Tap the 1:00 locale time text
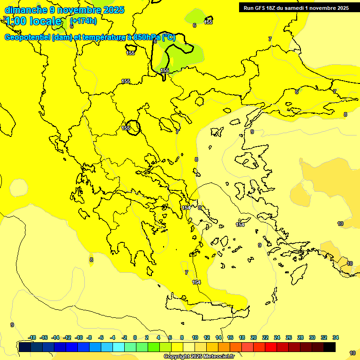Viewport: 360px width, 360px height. point(34,21)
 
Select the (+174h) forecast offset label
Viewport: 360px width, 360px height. point(83,21)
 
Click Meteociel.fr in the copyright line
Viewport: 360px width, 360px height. point(218,357)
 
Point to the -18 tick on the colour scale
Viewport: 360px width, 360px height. point(32,337)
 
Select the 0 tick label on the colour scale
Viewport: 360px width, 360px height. point(135,337)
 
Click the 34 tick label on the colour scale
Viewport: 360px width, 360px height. point(336,337)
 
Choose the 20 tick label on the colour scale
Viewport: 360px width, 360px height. point(254,337)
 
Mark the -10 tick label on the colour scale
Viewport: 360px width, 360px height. point(79,337)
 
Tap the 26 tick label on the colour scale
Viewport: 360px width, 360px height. point(289,337)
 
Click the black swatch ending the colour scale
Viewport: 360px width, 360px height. point(330,347)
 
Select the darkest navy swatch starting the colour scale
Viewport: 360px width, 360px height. point(25,347)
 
